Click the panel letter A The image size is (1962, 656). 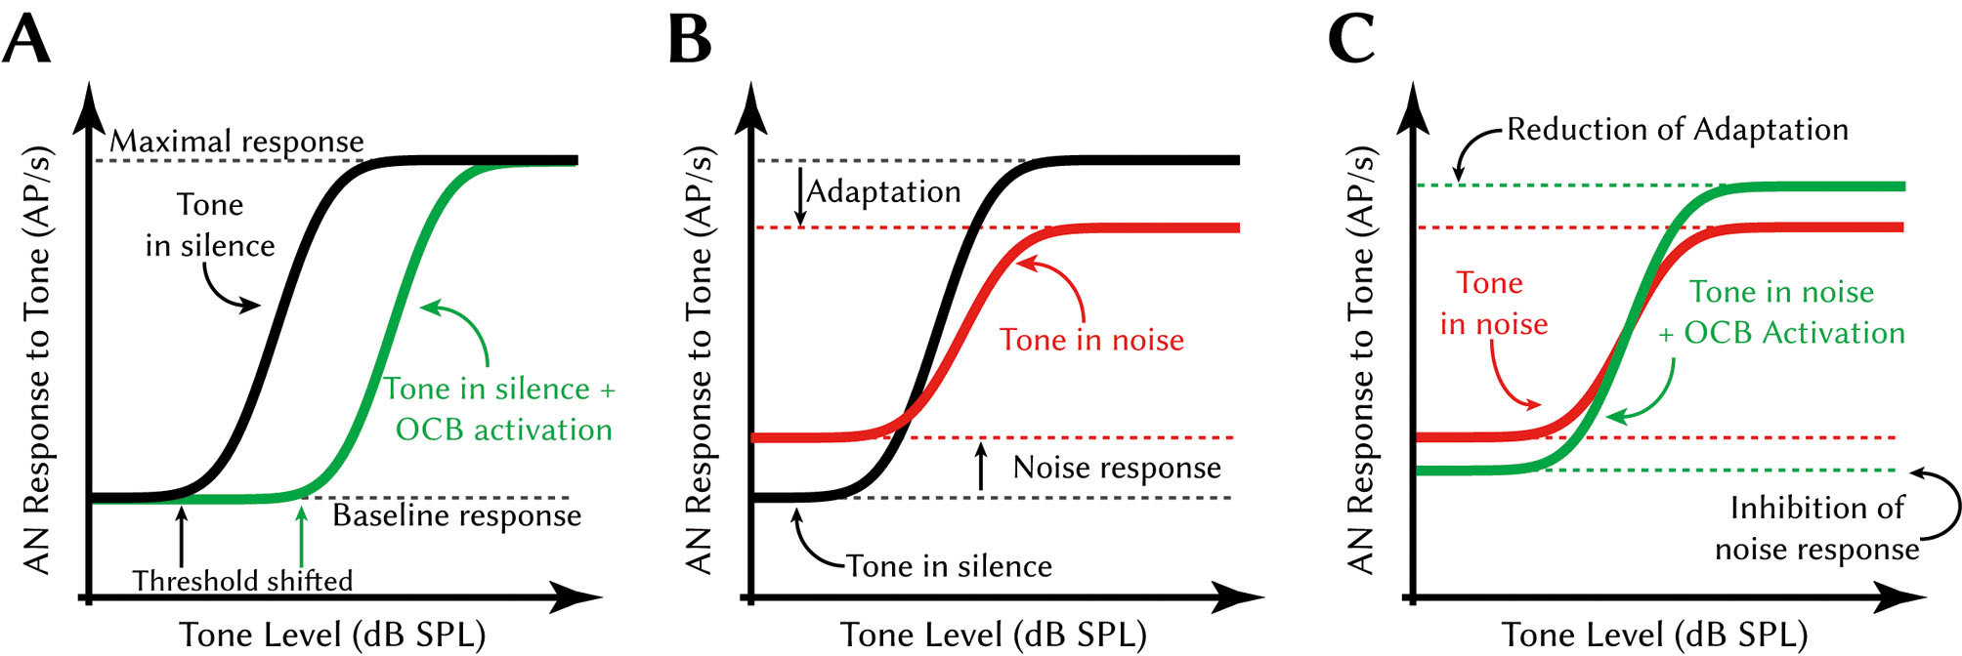[x=26, y=40]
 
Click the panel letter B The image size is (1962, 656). [x=689, y=40]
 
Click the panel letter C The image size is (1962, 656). [x=1351, y=40]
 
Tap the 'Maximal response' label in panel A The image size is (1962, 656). [x=236, y=142]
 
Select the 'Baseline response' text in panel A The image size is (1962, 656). [x=456, y=515]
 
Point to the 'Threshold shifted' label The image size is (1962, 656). [x=242, y=581]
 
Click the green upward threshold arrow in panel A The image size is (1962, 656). [x=301, y=537]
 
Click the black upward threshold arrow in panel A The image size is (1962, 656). [x=181, y=537]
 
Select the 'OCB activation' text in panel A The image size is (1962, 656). [x=503, y=430]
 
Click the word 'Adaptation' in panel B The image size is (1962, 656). [x=883, y=191]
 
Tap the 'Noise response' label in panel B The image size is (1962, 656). [x=1117, y=468]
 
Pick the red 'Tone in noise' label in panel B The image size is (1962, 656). [x=1091, y=340]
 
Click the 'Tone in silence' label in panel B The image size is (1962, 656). [x=949, y=566]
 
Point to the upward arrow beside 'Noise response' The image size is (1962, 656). [x=981, y=466]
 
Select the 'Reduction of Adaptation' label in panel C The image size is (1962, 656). [x=1678, y=129]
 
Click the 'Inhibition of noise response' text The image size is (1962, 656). [x=1817, y=528]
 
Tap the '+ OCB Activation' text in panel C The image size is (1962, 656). [x=1782, y=333]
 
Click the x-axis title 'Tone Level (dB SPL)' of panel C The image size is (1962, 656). [x=1654, y=635]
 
